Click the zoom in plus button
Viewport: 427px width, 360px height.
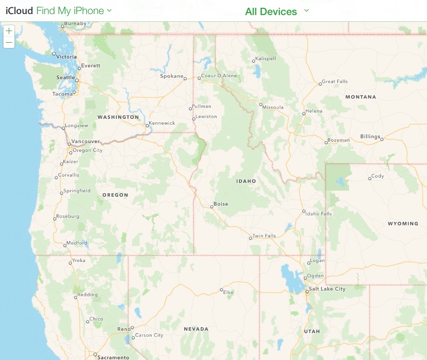coord(9,31)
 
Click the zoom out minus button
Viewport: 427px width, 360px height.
coord(9,43)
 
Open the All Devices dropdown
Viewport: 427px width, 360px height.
coord(277,11)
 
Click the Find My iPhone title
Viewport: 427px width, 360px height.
coord(74,11)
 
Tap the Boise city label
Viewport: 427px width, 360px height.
coord(221,204)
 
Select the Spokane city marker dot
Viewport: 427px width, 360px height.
coord(185,78)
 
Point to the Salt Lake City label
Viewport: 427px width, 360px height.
coord(327,289)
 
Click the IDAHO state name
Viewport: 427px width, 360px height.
coord(246,181)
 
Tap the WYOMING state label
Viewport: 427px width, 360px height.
coord(403,224)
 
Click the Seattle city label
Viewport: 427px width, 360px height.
coord(65,78)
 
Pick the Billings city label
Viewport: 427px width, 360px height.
coord(370,136)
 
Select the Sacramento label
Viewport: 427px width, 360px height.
coord(113,358)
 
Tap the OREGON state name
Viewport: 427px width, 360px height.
coord(115,195)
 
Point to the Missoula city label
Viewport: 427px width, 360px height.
coord(273,107)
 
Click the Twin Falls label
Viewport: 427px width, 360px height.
coord(264,236)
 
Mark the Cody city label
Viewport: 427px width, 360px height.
coord(378,176)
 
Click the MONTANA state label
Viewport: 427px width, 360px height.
coord(361,97)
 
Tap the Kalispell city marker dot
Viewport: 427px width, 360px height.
coord(253,61)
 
